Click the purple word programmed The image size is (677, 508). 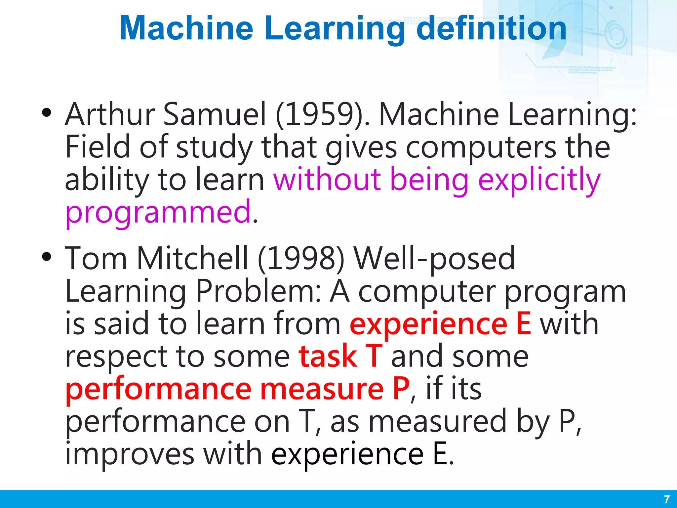pos(158,212)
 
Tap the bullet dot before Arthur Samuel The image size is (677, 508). pos(47,112)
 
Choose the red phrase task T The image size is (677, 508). pos(340,357)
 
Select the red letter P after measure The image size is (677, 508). pos(401,389)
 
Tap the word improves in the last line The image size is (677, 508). pos(130,454)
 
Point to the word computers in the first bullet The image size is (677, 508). pos(481,148)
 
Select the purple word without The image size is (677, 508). pos(327,180)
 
